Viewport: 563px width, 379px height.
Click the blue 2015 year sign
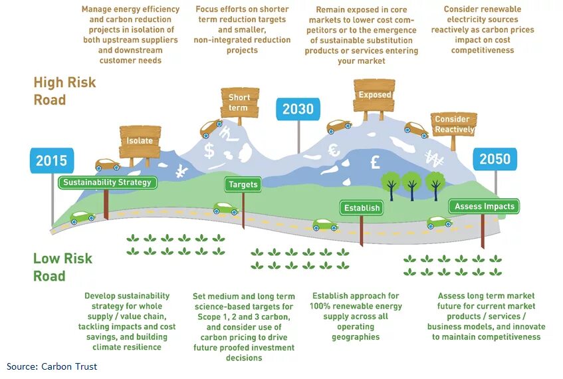coord(51,160)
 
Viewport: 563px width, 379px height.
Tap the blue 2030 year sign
coord(298,109)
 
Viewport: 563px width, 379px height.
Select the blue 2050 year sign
coord(495,159)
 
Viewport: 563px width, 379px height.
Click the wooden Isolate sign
coord(140,140)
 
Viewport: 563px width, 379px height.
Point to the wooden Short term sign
coord(239,102)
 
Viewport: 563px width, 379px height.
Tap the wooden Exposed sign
coord(374,94)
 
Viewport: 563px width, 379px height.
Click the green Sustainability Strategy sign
coord(108,182)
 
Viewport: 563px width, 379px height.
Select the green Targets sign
coord(243,184)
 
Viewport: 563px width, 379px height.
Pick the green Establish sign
coord(362,208)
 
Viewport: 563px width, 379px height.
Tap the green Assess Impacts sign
coord(484,207)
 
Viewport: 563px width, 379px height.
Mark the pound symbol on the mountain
coord(375,162)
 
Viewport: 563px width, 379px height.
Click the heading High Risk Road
coord(64,91)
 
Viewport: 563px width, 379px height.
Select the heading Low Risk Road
coord(62,267)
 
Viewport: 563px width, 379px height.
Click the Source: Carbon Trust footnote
coord(52,366)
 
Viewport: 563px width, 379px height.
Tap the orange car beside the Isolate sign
coord(108,164)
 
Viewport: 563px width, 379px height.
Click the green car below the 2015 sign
coord(82,217)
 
